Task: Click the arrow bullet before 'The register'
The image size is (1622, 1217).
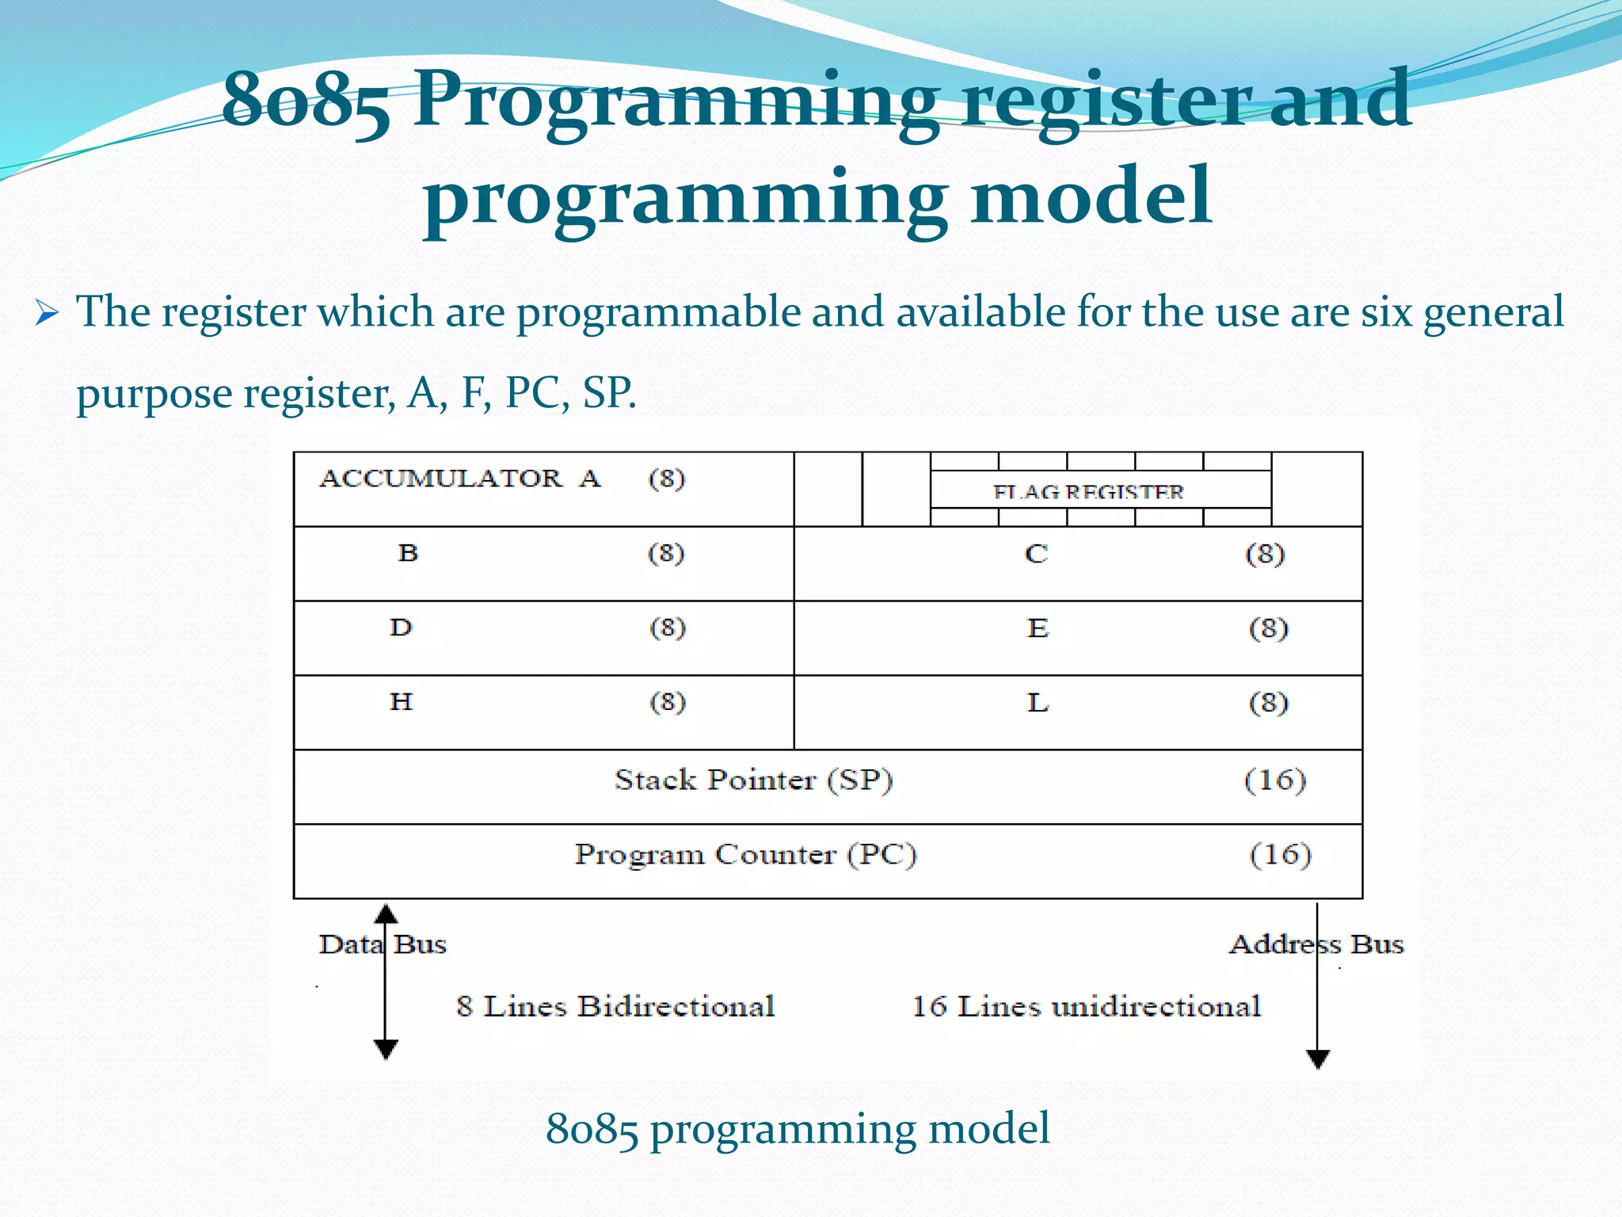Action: tap(48, 314)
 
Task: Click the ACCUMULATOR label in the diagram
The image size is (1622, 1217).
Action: tap(441, 479)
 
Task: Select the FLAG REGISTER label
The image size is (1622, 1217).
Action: tap(1088, 492)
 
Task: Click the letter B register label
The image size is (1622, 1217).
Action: tap(408, 553)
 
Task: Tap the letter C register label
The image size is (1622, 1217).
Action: tap(1036, 554)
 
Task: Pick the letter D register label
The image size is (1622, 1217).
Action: tap(402, 628)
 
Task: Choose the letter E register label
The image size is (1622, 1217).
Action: tap(1038, 629)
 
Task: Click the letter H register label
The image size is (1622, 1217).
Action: tap(402, 702)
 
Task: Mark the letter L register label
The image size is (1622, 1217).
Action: tap(1038, 704)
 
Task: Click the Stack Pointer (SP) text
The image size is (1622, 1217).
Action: tap(754, 780)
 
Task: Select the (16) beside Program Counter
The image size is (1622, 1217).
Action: tap(1281, 854)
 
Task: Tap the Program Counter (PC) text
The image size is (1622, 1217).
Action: tap(745, 855)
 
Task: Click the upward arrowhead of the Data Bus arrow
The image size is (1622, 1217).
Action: tap(386, 914)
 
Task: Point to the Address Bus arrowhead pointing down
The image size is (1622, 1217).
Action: tap(1318, 1059)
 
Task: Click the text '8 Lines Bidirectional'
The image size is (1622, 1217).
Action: tap(615, 1007)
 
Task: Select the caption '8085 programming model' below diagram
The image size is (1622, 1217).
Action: tap(798, 1128)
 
